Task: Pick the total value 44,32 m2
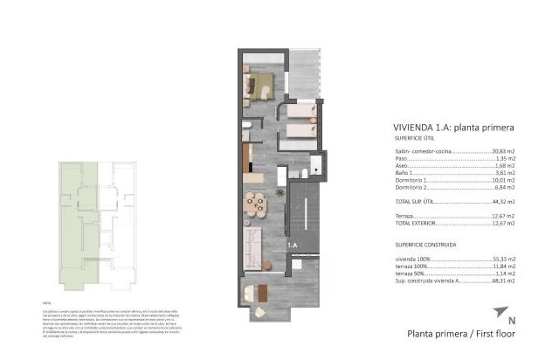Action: tap(501, 202)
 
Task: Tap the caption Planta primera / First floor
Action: tap(461, 333)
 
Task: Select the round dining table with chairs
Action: tap(256, 202)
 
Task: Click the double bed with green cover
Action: tap(260, 85)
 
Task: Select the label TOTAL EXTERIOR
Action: tap(416, 224)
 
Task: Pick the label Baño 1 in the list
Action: tap(403, 171)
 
